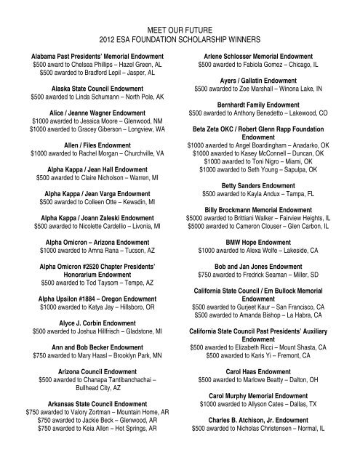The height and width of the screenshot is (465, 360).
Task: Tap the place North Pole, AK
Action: [x=148, y=95]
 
